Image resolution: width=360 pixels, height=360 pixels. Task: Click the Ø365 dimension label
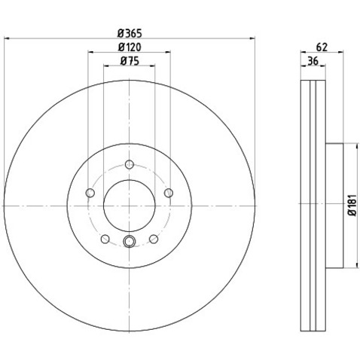130,33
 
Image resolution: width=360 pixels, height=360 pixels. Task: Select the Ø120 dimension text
130,47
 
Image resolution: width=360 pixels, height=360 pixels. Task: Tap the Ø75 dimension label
130,61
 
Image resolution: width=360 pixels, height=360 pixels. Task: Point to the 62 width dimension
322,47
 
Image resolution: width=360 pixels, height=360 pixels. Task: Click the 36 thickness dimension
313,61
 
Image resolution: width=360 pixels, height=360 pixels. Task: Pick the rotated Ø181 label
352,205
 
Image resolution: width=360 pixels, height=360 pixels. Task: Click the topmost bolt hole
130,164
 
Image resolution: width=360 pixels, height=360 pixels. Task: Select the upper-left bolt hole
90,193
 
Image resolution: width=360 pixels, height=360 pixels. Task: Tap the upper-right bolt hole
169,193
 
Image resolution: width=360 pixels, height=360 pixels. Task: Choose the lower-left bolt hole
105,239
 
